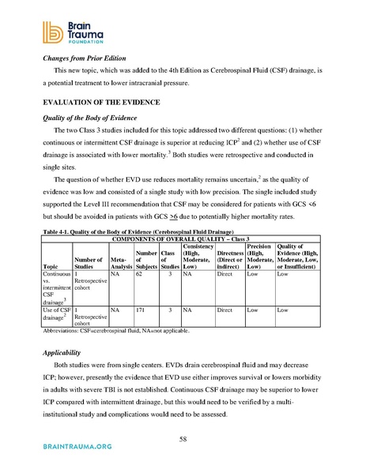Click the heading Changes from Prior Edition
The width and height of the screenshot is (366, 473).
76,58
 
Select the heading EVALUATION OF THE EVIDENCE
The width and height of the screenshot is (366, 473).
91,103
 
